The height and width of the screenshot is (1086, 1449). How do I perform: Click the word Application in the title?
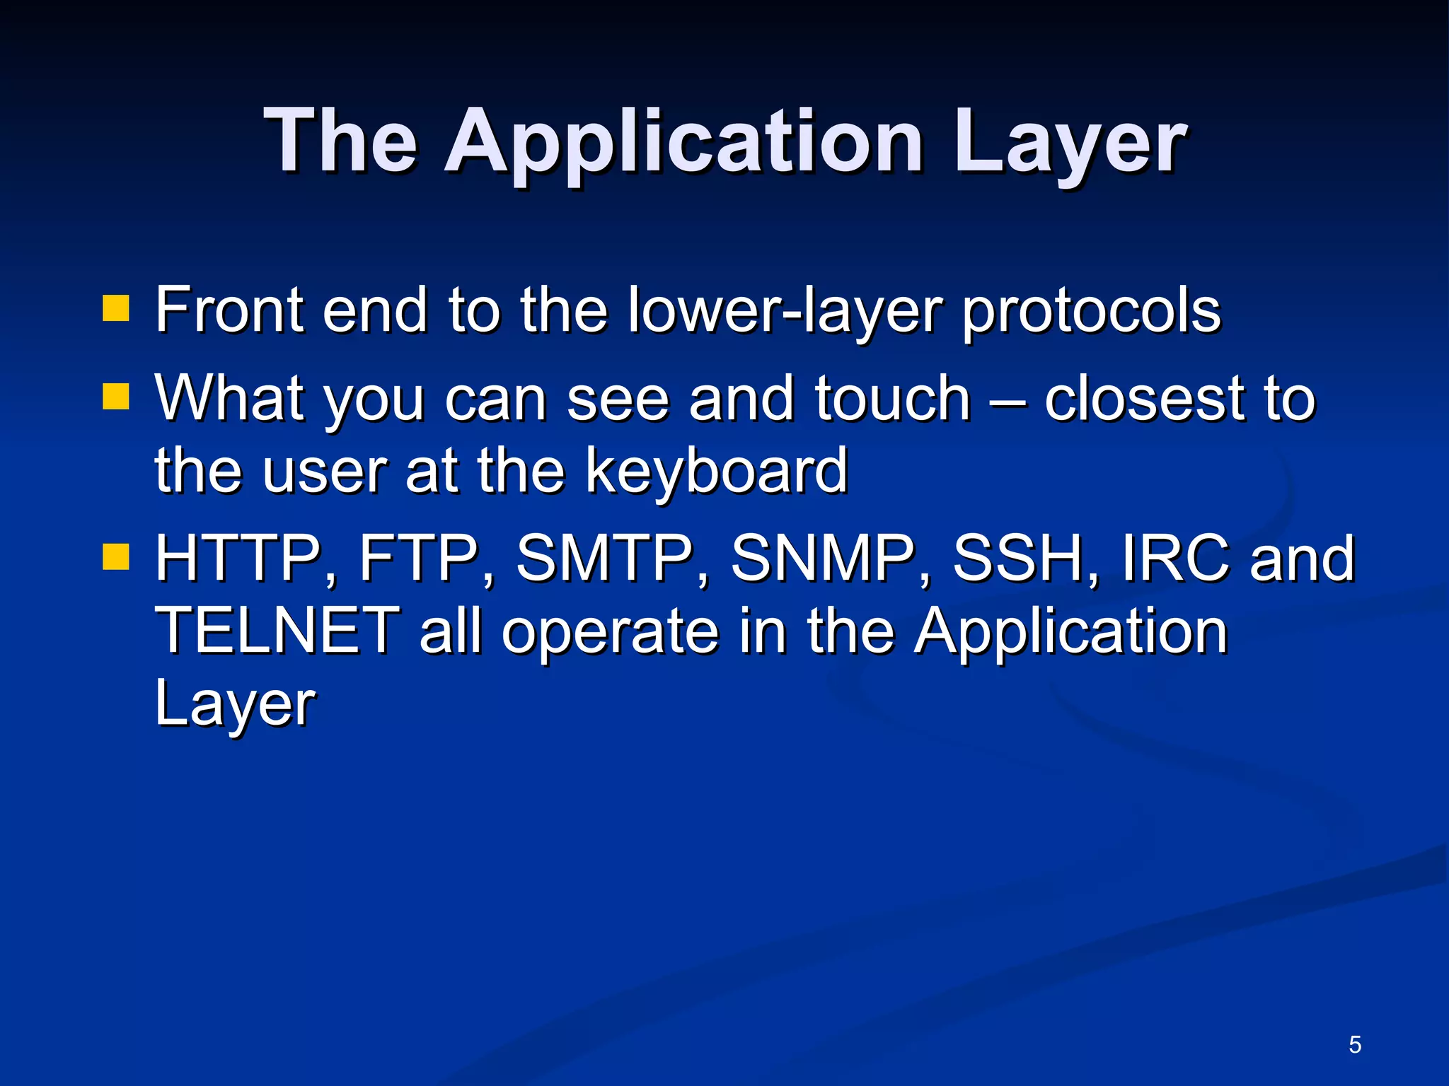point(683,141)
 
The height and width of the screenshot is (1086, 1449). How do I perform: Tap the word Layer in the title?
point(1070,141)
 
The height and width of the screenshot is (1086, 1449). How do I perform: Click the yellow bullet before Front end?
point(115,308)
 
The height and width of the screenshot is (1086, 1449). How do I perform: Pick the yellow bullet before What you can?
point(115,397)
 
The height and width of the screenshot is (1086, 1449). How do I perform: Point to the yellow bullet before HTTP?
point(115,556)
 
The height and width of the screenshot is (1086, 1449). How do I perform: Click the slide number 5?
point(1354,1044)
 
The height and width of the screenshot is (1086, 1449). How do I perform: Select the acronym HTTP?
point(238,559)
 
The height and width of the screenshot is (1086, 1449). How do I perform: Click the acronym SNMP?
point(823,559)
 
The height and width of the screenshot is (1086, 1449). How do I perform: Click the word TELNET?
point(277,631)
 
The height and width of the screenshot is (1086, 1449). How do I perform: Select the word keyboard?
point(716,471)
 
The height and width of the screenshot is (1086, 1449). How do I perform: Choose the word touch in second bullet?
point(892,399)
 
